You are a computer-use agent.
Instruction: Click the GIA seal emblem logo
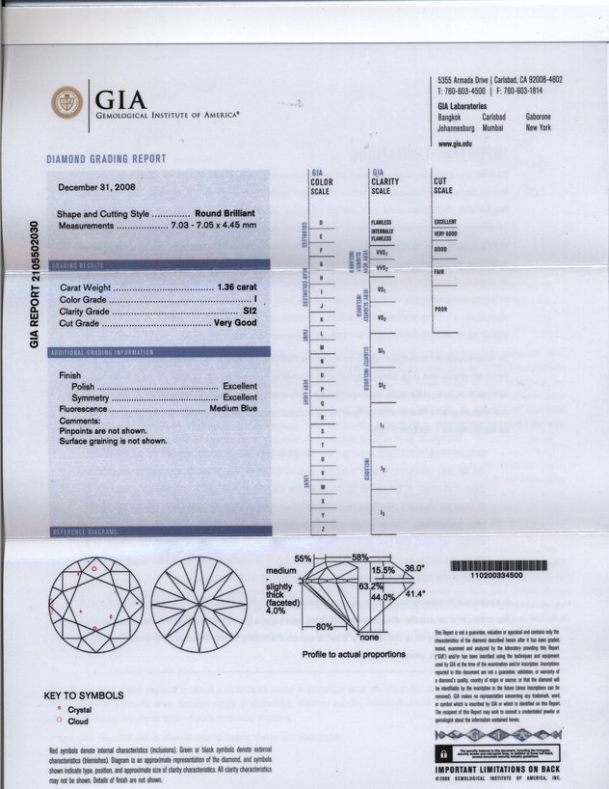(68, 104)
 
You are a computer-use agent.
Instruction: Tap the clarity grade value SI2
(249, 312)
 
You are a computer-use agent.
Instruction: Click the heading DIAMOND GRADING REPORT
(106, 159)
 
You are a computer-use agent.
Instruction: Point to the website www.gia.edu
(455, 143)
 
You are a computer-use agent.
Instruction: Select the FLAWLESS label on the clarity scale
(381, 223)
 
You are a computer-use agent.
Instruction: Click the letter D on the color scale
(320, 223)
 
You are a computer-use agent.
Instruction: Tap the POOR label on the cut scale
(444, 309)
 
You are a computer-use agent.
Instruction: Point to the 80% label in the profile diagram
(310, 628)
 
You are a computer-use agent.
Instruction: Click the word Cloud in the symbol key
(78, 721)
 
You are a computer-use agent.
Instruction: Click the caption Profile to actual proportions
(353, 653)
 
